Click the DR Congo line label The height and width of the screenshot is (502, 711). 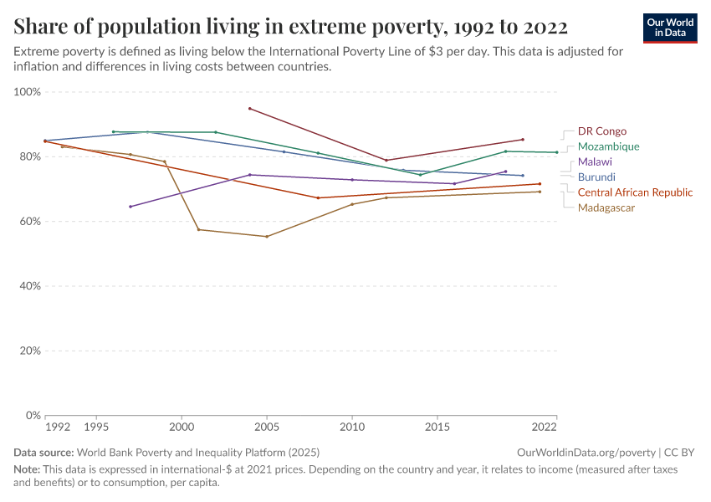601,131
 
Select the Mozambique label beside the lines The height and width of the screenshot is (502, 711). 608,146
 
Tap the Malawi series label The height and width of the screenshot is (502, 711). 595,161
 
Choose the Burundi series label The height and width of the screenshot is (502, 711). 596,177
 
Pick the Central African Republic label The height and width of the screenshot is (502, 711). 635,192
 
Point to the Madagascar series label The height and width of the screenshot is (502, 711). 606,207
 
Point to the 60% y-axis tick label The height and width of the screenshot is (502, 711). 30,222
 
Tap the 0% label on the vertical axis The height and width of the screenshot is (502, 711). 33,415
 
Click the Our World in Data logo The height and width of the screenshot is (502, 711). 669,28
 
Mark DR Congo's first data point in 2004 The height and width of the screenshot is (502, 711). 249,109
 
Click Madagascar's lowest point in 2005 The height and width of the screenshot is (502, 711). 267,237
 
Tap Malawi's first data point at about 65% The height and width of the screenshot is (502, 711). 130,207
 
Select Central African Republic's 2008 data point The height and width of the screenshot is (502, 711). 318,198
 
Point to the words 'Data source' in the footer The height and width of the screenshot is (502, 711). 42,453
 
